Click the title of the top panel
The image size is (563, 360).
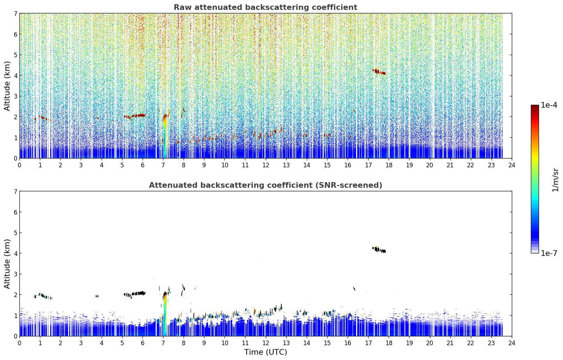[265, 7]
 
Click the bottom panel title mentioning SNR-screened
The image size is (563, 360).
[265, 185]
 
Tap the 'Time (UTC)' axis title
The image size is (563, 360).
[265, 352]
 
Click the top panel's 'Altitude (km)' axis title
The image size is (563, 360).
[7, 86]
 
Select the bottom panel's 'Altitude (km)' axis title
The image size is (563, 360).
[7, 264]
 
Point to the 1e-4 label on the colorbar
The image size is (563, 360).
[549, 105]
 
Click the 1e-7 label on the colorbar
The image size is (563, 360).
[549, 253]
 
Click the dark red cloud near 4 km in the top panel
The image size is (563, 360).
[379, 72]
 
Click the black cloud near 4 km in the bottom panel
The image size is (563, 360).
[379, 250]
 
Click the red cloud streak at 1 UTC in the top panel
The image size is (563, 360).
[43, 118]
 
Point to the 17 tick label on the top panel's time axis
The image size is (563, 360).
[368, 165]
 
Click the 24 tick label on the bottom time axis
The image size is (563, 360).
[512, 343]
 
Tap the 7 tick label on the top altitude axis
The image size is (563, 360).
[15, 13]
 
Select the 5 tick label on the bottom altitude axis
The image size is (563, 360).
[15, 233]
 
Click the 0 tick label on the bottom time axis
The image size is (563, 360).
[20, 343]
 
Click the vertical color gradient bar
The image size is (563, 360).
[535, 179]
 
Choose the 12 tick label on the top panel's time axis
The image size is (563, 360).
[266, 165]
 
